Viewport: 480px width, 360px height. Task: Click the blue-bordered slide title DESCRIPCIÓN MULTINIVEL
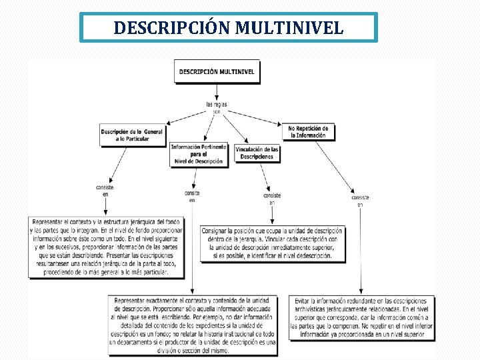[x=229, y=28]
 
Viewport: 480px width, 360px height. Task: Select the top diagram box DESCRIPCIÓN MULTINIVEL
[x=217, y=71]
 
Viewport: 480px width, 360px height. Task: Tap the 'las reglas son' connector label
[x=217, y=108]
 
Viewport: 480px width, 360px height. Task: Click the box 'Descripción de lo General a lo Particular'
[x=132, y=135]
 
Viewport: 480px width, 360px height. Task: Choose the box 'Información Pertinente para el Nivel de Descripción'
[x=199, y=154]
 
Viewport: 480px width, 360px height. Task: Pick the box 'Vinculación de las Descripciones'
[x=257, y=153]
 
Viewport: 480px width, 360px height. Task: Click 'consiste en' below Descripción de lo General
[x=105, y=191]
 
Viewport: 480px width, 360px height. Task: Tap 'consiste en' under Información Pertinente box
[x=192, y=196]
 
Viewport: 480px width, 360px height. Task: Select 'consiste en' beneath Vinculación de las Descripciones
[x=272, y=199]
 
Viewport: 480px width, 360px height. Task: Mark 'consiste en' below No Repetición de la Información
[x=361, y=201]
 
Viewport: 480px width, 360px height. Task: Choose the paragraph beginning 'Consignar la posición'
[x=272, y=243]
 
